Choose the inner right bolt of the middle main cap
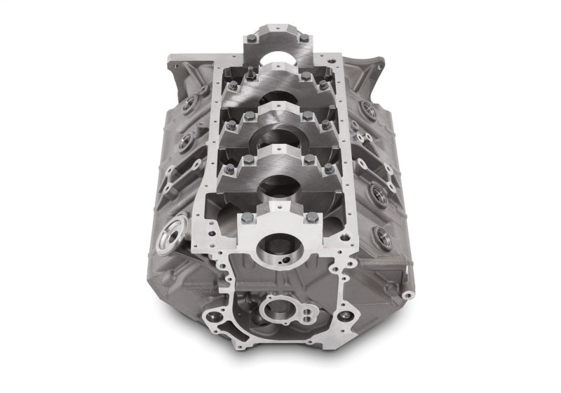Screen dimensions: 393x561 [307, 116]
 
